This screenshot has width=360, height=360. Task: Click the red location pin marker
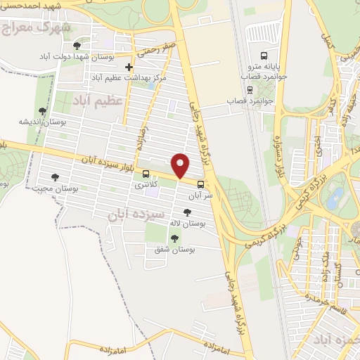point(181,166)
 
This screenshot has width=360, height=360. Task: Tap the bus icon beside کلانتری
point(146,174)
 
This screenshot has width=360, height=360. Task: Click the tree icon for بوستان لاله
point(186,212)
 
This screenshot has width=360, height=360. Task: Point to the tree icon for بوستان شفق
point(174,238)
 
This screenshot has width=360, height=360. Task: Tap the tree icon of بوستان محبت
point(55,176)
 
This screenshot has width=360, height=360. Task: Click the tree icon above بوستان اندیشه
point(43,110)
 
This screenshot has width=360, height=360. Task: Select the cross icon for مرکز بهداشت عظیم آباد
point(129,67)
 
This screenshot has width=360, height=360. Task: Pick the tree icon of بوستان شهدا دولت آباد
point(76,46)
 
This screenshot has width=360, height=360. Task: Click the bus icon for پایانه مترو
point(264,55)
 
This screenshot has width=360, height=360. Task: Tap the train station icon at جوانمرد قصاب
point(250,89)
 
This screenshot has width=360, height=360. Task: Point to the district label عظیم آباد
point(98,101)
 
